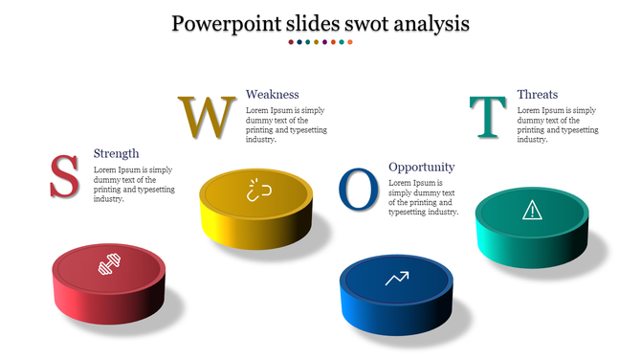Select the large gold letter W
tap(206, 116)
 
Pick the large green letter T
tap(488, 117)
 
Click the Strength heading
tap(116, 153)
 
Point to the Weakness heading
tap(273, 94)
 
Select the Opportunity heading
tap(421, 167)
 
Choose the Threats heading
tap(537, 94)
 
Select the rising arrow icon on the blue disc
tap(396, 279)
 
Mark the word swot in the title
tap(355, 22)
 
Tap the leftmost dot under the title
tap(292, 42)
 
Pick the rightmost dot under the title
tap(350, 42)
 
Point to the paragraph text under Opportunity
tap(423, 197)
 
